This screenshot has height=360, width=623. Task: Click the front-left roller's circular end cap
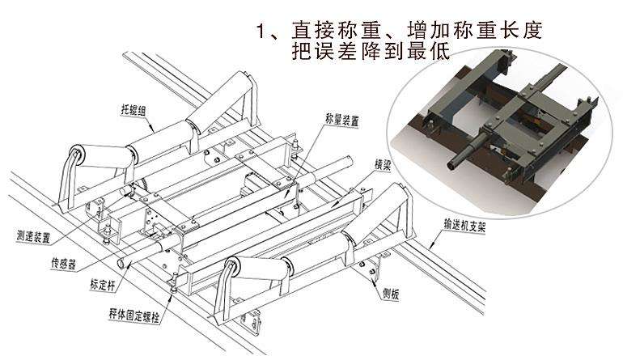[78, 155]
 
